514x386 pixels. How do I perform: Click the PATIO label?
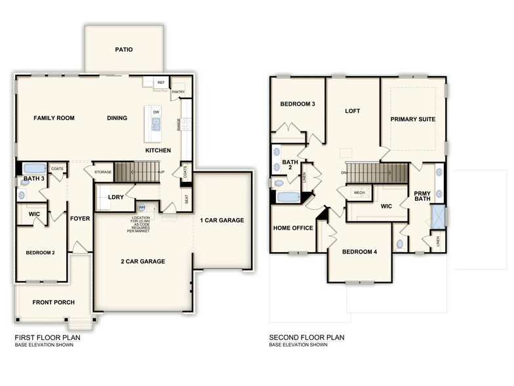pos(124,49)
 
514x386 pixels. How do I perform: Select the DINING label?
pos(117,118)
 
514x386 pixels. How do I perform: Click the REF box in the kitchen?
pos(161,83)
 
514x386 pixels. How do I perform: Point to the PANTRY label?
pos(178,92)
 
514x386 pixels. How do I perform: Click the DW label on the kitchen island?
pos(156,112)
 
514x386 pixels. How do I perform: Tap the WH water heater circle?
pos(141,207)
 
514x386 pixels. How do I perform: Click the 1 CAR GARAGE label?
pos(222,220)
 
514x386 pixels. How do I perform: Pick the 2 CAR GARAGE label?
pos(142,261)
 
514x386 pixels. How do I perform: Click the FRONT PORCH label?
pos(54,303)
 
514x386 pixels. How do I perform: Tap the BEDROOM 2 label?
pos(40,253)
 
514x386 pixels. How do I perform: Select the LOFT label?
pos(353,111)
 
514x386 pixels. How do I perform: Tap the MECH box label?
pos(359,192)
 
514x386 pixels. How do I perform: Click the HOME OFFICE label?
pos(291,228)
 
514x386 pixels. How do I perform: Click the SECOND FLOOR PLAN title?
pos(306,337)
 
